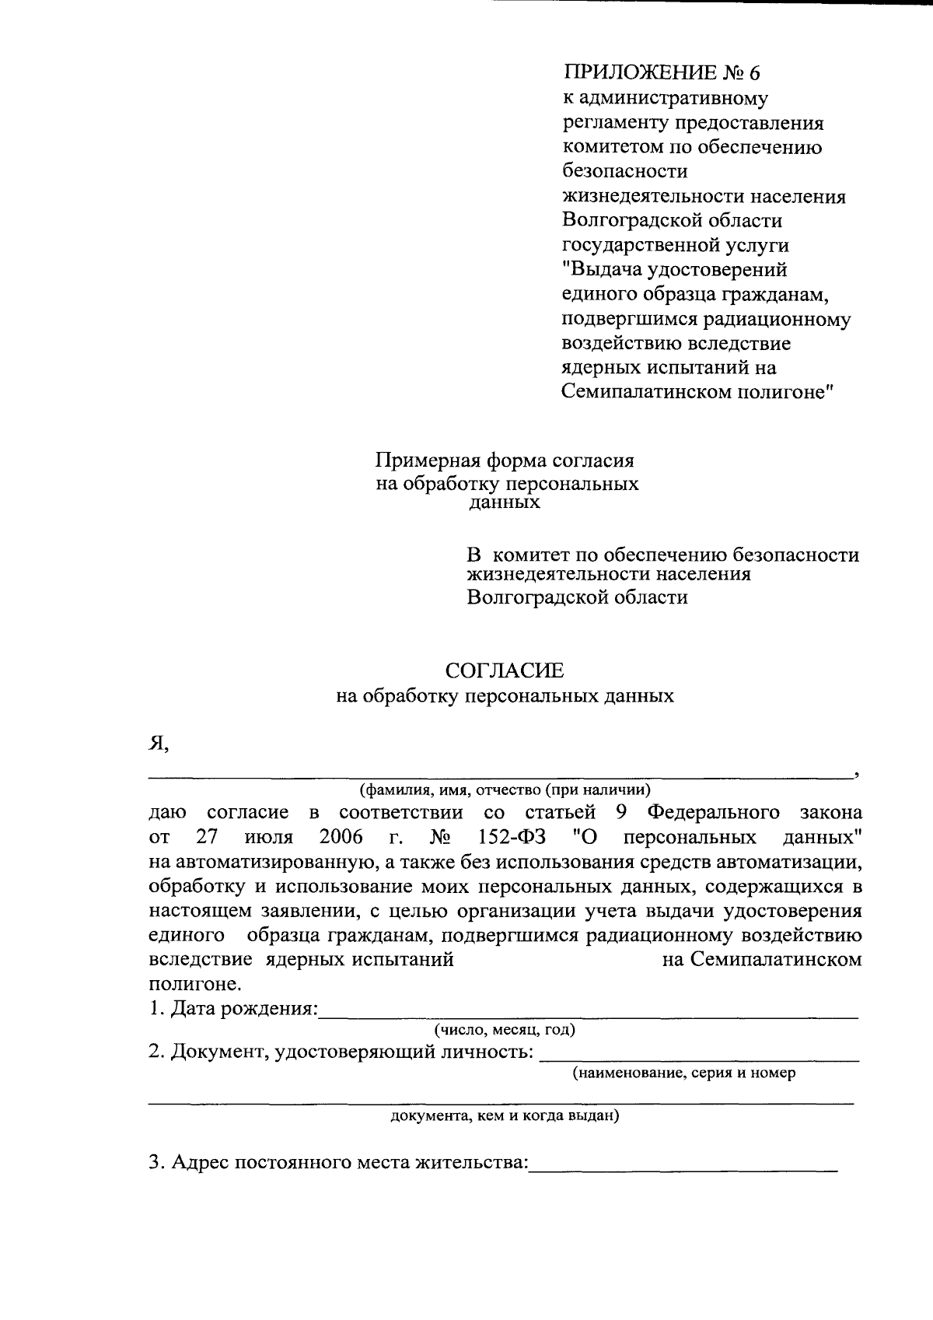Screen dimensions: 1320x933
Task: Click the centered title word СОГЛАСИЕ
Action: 505,671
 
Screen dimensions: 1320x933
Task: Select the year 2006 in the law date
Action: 341,838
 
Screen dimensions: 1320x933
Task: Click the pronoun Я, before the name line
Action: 159,744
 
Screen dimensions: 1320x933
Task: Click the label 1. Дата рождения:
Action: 234,1010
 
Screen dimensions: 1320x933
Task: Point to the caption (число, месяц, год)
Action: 505,1031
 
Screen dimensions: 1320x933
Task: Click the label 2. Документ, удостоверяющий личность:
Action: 341,1053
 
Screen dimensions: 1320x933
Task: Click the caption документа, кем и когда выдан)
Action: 505,1117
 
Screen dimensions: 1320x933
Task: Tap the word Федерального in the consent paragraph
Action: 714,813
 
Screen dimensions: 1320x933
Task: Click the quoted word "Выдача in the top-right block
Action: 606,270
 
